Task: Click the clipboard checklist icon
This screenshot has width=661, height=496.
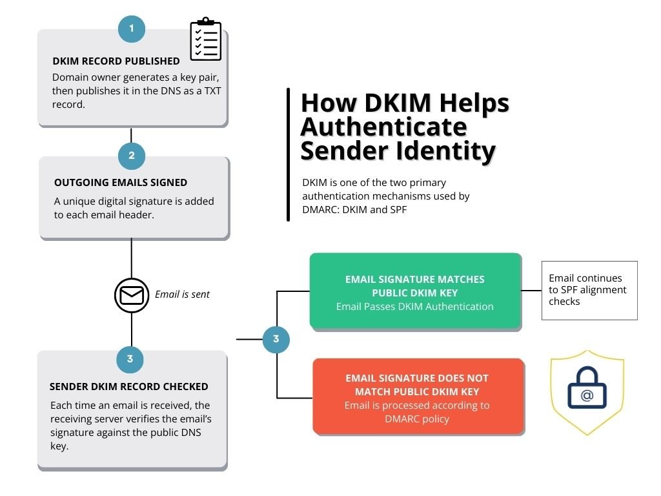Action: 205,40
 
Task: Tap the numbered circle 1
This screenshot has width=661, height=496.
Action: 132,29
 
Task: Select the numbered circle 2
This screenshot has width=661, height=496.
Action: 132,156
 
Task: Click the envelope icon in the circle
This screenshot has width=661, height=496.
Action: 132,294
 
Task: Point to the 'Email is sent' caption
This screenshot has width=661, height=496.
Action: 182,294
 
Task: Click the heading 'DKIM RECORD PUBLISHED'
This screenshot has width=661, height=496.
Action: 116,61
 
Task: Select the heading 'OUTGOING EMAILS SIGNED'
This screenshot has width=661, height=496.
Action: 121,183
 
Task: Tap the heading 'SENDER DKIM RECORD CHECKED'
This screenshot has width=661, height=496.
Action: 128,387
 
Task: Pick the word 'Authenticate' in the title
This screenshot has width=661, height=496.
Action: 383,127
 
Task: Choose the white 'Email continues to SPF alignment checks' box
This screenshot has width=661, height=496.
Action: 589,290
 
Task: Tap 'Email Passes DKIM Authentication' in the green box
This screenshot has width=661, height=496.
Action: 414,307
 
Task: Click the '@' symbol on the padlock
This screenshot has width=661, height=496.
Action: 586,396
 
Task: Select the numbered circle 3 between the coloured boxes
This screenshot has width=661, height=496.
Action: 276,339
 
